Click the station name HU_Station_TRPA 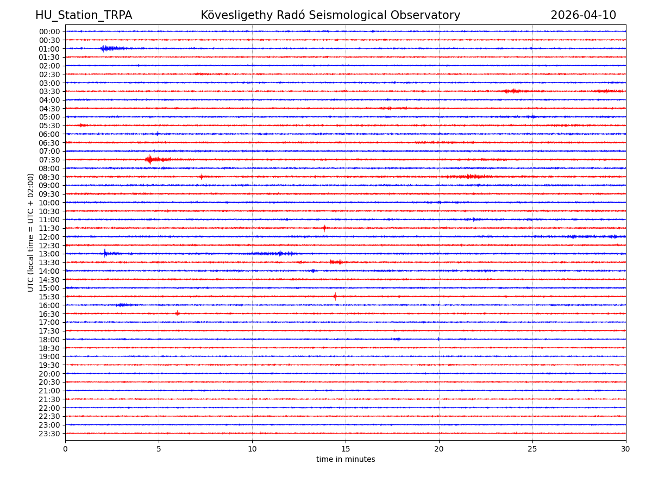(84, 16)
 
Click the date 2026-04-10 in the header (583, 16)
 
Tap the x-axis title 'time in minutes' (346, 460)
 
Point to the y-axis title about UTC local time (31, 233)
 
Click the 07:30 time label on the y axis (49, 160)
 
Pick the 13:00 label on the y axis (49, 254)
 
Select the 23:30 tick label (49, 434)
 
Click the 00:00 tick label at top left (49, 32)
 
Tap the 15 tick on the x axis (346, 449)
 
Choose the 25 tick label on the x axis (532, 449)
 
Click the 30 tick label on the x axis (626, 449)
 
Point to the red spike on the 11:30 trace (324, 228)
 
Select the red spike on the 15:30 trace (335, 297)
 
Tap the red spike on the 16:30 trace (177, 313)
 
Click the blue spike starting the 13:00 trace (105, 253)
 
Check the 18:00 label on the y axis (49, 340)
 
